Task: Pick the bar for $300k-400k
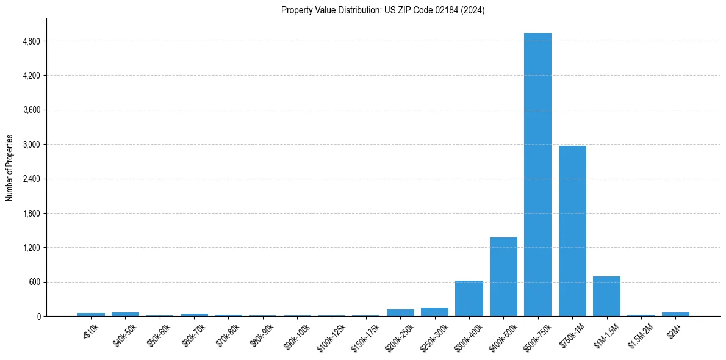point(469,298)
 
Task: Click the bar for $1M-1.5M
point(606,297)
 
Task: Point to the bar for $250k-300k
point(434,312)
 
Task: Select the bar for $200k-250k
point(400,312)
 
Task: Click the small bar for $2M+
point(675,314)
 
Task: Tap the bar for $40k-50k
point(125,314)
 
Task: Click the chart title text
point(383,10)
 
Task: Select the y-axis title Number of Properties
point(10,167)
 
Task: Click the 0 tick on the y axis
point(38,316)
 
